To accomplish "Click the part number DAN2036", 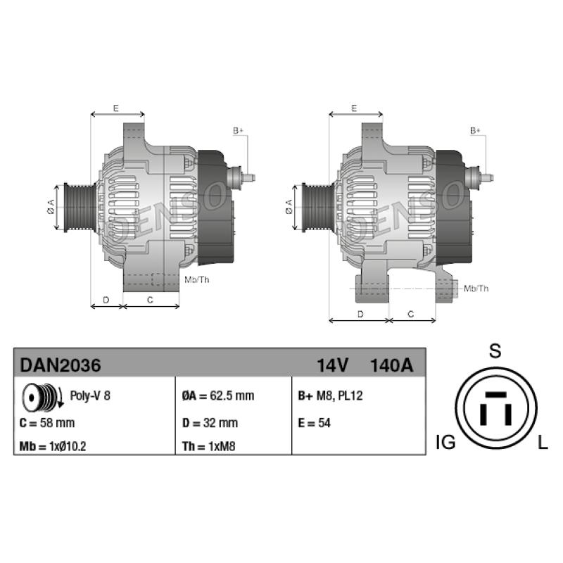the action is click(x=61, y=365).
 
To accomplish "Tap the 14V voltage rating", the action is click(x=332, y=365).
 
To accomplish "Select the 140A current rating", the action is click(x=391, y=365).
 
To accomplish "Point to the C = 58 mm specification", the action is click(x=47, y=423).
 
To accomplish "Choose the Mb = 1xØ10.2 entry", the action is click(x=53, y=446).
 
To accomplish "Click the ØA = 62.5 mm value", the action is click(x=218, y=396).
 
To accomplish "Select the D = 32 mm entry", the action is click(x=210, y=423).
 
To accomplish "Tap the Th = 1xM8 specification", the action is click(x=208, y=446).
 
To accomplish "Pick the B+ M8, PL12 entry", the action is click(x=330, y=396).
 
